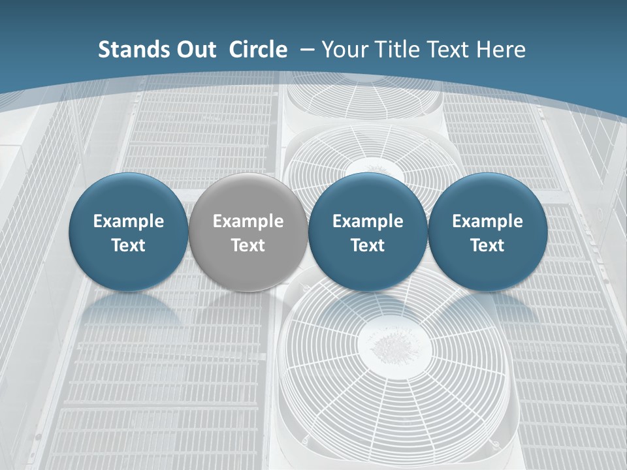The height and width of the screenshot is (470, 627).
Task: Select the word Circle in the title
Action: tap(258, 50)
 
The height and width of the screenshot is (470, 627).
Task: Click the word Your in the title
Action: tap(344, 50)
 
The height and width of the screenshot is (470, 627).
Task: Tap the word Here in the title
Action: tap(502, 50)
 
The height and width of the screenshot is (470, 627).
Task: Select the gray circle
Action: tap(248, 232)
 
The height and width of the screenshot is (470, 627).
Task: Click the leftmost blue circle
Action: tap(129, 232)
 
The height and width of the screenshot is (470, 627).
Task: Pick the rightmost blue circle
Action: tap(487, 232)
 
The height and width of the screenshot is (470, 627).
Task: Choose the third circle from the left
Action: tap(368, 232)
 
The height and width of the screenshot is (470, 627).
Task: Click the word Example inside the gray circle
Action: tap(248, 221)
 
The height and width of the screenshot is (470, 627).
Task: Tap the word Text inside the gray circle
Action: tap(248, 245)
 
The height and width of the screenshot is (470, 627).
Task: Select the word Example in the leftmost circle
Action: tap(129, 221)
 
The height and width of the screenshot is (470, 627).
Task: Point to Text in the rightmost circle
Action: tap(487, 245)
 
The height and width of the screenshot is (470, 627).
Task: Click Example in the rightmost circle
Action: tap(487, 221)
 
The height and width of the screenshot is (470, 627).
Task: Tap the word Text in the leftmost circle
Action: tap(129, 245)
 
